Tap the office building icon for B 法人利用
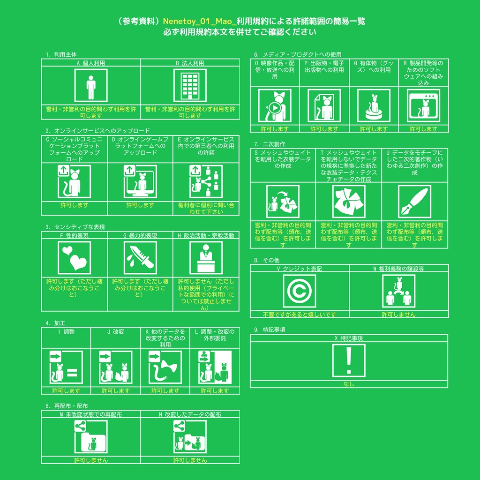pyautogui.click(x=190, y=85)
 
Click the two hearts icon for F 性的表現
pyautogui.click(x=74, y=258)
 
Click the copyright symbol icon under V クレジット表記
pyautogui.click(x=300, y=291)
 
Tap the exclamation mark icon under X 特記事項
pyautogui.click(x=349, y=360)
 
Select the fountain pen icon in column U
pyautogui.click(x=414, y=202)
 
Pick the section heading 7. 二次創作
pyautogui.click(x=270, y=144)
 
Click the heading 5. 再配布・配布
pyautogui.click(x=67, y=406)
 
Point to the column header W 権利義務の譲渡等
pyautogui.click(x=398, y=269)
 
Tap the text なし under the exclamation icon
pyautogui.click(x=349, y=384)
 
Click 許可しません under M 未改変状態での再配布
pyautogui.click(x=91, y=460)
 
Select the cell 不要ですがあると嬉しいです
pyautogui.click(x=300, y=315)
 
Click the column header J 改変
pyautogui.click(x=115, y=332)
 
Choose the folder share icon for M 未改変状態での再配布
pyautogui.click(x=91, y=437)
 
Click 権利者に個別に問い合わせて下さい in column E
pyautogui.click(x=206, y=209)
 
